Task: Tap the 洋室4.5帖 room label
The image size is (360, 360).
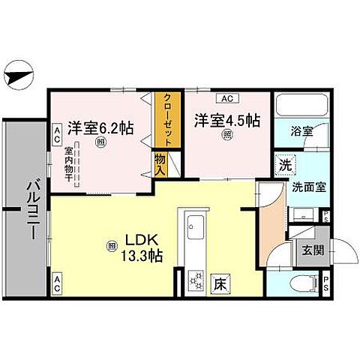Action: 227,120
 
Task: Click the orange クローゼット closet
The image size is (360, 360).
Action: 169,120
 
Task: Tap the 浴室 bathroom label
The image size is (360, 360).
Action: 302,130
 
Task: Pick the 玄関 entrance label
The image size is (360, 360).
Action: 312,250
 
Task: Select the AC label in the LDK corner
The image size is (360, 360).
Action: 57,283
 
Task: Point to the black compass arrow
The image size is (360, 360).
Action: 21,75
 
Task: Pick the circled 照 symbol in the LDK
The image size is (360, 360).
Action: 111,244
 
